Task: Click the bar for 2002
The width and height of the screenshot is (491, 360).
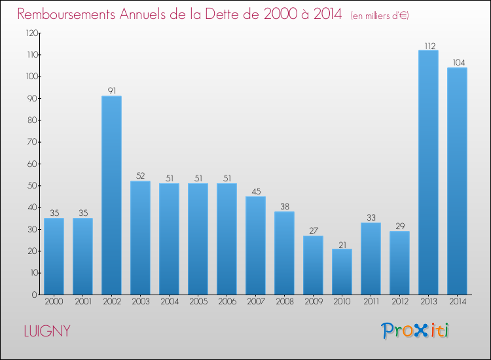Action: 111,195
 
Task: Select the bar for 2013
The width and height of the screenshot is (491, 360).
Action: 428,172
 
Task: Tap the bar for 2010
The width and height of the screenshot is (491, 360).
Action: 342,272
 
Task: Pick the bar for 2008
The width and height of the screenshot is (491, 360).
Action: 284,253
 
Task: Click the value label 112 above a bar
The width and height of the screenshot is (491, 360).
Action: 428,45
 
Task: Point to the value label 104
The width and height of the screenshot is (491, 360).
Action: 457,63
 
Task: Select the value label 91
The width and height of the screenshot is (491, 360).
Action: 111,91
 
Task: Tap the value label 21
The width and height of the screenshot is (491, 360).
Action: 342,243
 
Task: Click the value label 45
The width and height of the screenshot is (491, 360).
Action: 255,191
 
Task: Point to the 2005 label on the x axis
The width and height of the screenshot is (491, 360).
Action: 198,302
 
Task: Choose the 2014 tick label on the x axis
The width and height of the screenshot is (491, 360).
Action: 457,302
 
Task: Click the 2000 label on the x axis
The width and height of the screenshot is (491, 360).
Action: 54,302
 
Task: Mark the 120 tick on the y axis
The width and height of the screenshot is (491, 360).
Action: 29,33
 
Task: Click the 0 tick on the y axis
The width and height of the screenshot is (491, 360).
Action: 33,295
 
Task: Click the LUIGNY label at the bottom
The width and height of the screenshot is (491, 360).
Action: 46,331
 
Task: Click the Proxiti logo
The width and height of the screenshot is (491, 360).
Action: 416,331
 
